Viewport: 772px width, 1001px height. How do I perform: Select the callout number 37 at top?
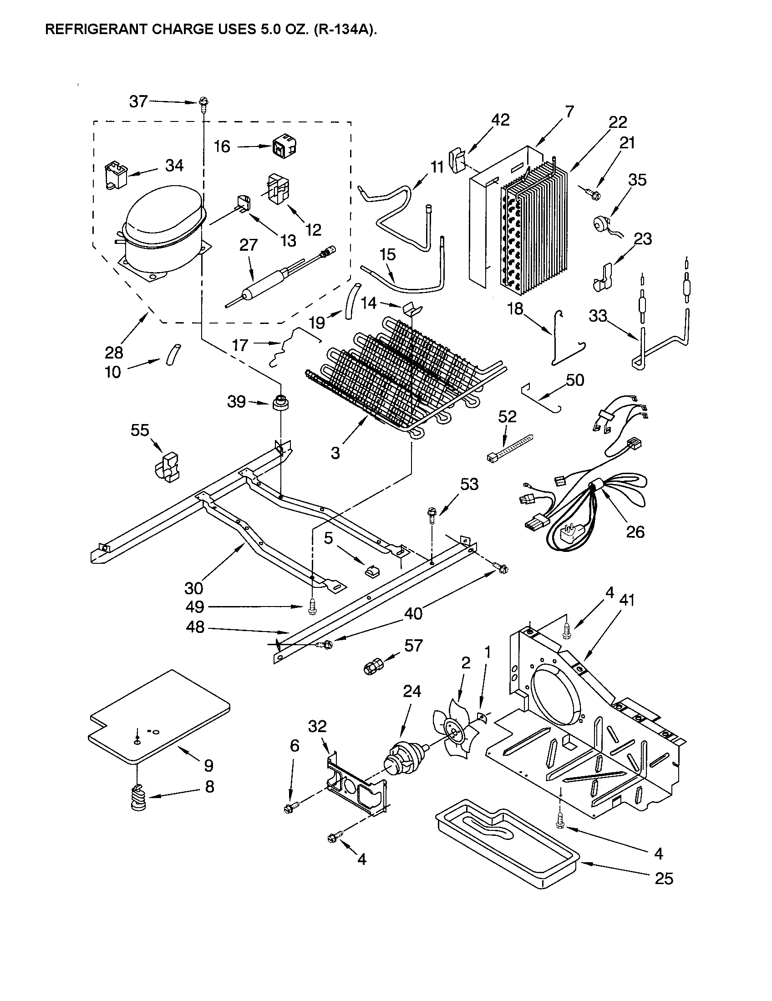(x=138, y=101)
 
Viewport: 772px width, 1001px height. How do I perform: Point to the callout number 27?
(x=249, y=245)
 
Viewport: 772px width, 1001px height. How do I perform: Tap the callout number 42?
(x=500, y=120)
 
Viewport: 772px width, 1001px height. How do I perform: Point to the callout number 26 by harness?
(x=635, y=531)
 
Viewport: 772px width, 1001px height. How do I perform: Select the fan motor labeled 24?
(x=403, y=760)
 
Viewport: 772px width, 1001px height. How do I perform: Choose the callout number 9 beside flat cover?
(x=208, y=765)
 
